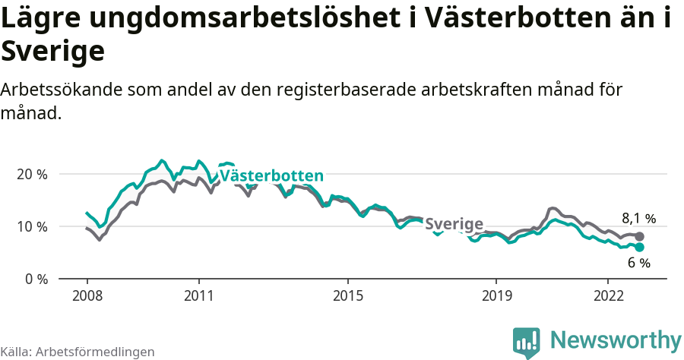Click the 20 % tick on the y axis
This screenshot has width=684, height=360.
(x=32, y=174)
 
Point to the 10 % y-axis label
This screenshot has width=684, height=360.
(x=32, y=226)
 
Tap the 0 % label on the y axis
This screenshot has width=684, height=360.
(x=35, y=279)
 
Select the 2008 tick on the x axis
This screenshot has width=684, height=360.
(x=87, y=295)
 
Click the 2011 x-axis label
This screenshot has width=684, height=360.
(x=198, y=295)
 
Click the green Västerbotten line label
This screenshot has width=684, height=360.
(x=271, y=176)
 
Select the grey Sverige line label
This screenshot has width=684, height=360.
(x=454, y=224)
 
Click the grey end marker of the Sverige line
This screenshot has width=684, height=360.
(x=640, y=236)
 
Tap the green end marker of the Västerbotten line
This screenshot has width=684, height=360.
(x=640, y=248)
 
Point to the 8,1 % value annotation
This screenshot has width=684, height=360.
(x=638, y=219)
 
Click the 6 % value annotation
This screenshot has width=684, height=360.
(x=638, y=264)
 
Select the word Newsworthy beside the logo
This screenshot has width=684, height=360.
(x=616, y=339)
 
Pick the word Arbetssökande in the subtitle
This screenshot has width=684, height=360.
(x=62, y=90)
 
